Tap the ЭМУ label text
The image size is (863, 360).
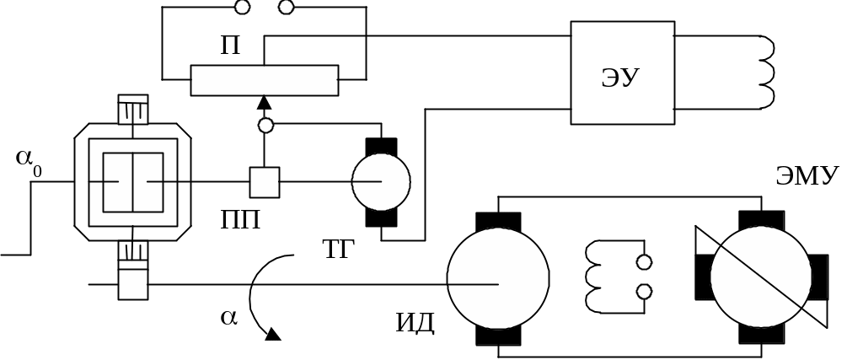[x=806, y=176]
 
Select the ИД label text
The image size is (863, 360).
[x=415, y=323]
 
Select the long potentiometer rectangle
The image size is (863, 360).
[x=265, y=81]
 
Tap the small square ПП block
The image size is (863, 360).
[x=265, y=181]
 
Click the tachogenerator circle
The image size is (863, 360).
[x=381, y=181]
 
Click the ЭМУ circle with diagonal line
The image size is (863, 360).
[x=761, y=279]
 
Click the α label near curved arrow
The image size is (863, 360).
[x=227, y=317]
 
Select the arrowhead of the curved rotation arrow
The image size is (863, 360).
[x=272, y=336]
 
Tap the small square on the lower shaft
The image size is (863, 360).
[x=133, y=284]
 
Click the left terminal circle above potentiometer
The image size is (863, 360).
[x=243, y=8]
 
